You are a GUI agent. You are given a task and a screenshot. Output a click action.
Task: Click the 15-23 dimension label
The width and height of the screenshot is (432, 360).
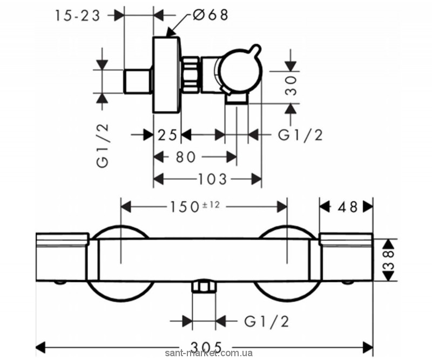pos(78,16)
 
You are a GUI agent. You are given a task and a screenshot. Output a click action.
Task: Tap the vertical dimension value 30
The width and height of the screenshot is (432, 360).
pos(292,85)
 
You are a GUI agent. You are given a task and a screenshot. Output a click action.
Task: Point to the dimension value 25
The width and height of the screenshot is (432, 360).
pos(167,135)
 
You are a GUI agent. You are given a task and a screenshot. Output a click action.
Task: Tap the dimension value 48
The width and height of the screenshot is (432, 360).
pos(347,207)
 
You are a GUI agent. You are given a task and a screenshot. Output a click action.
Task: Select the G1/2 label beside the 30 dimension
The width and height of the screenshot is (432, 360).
pos(300,135)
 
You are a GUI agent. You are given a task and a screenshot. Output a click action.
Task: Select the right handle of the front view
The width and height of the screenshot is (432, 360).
pos(346,258)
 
